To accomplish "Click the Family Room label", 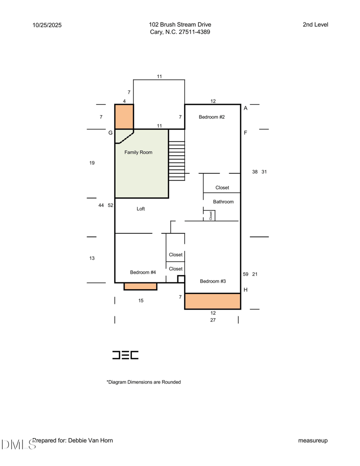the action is (x=138, y=152).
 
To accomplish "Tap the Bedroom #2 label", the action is (x=212, y=117).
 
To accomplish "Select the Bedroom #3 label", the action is (x=213, y=281).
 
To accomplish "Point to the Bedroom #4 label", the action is (x=143, y=272).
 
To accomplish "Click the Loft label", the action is (x=141, y=209).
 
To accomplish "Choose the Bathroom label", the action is (x=223, y=202).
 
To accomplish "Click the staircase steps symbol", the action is (x=177, y=161).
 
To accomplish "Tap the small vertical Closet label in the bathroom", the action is (x=211, y=216).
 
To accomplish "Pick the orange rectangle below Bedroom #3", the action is (x=213, y=301).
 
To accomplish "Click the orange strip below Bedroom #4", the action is (x=140, y=286).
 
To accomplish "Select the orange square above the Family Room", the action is (x=124, y=117).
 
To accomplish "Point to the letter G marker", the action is (x=111, y=133).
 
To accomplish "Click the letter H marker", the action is (x=246, y=290).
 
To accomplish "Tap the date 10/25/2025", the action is (x=47, y=25).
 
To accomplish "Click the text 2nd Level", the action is (x=315, y=25).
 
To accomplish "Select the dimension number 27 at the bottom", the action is (x=213, y=320).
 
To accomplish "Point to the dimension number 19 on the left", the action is (x=92, y=163).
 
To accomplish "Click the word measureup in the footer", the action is (x=313, y=440).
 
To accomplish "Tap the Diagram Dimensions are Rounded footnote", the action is (x=144, y=382).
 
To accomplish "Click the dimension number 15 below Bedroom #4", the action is (x=141, y=301).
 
